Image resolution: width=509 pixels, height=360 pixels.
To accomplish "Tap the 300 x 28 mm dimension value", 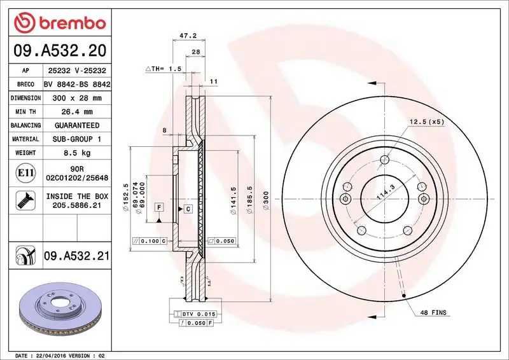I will click(x=78, y=98).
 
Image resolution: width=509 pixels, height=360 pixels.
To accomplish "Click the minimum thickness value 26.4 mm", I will click(x=78, y=112).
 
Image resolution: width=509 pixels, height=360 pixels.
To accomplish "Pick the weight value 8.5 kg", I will click(x=78, y=153).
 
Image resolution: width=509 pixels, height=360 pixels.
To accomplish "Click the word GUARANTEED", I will click(x=78, y=125).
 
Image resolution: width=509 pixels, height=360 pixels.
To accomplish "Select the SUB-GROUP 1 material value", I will click(x=78, y=139).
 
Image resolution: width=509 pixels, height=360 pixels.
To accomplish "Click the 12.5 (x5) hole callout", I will click(x=426, y=121).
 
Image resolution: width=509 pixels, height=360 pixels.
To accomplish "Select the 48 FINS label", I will click(x=433, y=313).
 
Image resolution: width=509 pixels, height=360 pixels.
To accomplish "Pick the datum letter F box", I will click(x=157, y=208).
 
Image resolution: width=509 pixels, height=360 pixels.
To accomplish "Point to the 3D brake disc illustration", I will click(x=61, y=309).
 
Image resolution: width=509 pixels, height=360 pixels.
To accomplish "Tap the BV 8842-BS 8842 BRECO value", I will click(x=78, y=85).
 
